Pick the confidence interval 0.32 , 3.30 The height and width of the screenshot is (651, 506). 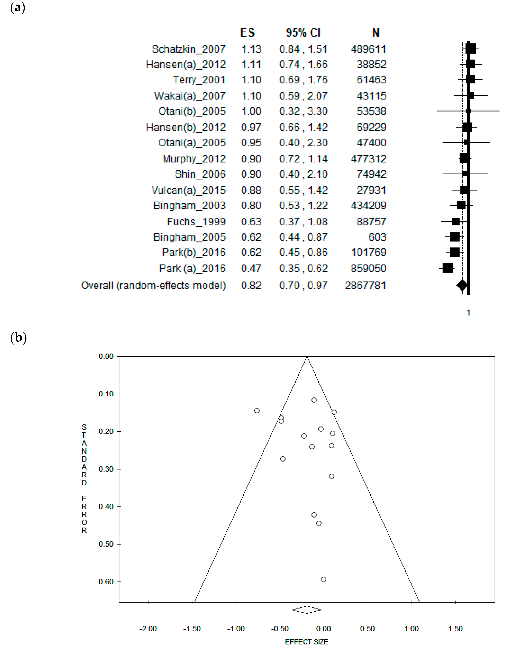coord(303,111)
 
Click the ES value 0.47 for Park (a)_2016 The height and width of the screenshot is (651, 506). coord(251,268)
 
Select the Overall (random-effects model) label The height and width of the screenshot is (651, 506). coord(154,286)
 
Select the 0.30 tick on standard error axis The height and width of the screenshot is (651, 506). coord(106,469)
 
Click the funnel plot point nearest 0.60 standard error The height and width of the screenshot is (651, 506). coord(323,579)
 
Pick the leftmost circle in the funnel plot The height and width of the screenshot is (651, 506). coord(257,411)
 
